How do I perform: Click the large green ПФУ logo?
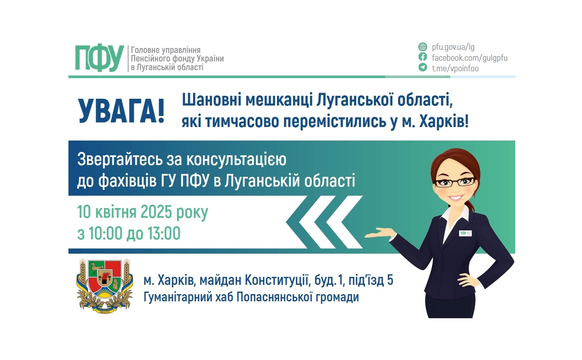100,58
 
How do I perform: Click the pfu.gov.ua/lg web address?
453,47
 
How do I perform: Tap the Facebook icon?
422,57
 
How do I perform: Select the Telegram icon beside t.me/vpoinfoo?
422,68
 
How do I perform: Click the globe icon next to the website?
422,47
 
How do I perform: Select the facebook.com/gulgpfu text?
469,57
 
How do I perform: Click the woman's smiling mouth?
457,198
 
